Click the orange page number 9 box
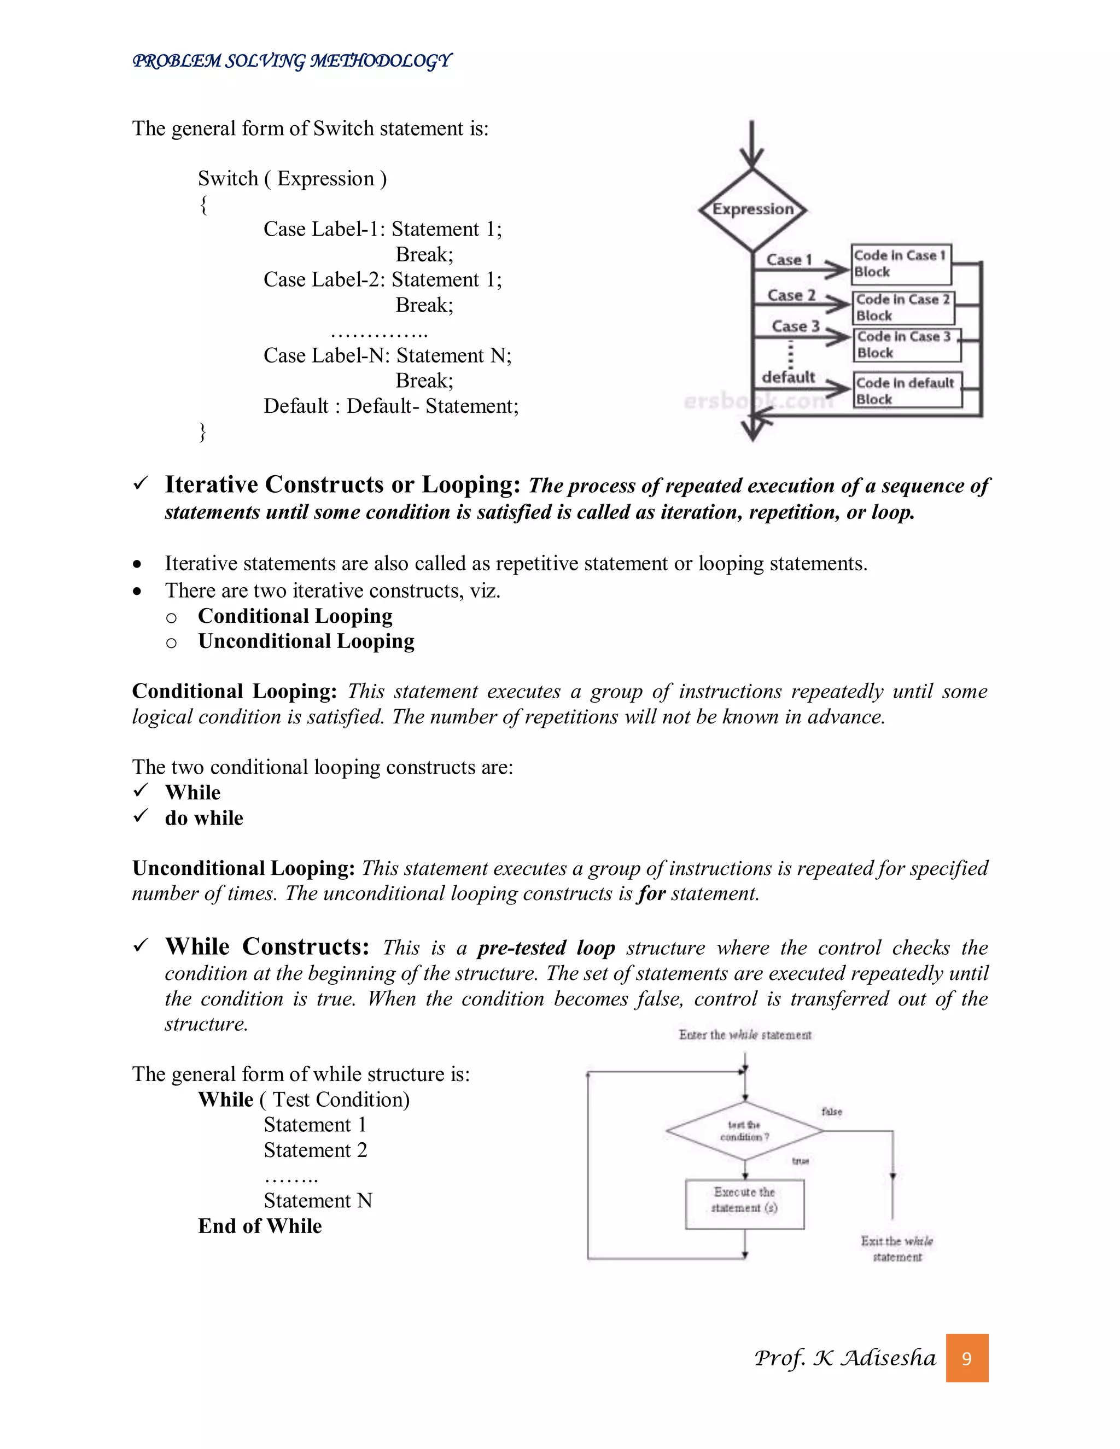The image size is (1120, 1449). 967,1359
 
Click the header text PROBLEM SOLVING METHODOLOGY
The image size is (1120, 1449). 292,61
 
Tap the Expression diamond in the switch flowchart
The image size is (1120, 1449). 752,209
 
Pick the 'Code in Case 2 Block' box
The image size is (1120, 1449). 902,308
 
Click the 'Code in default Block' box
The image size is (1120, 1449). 906,392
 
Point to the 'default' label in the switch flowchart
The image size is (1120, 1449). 788,377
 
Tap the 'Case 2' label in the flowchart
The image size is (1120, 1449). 791,295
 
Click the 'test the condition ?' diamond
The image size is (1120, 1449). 745,1131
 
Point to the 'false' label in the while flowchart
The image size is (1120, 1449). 831,1111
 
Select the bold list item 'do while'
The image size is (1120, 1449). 203,818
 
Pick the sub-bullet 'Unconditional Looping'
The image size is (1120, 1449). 306,641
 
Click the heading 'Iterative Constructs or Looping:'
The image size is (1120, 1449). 342,485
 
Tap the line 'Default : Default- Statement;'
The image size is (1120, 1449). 391,406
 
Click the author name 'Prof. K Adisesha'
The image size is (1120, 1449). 844,1358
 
